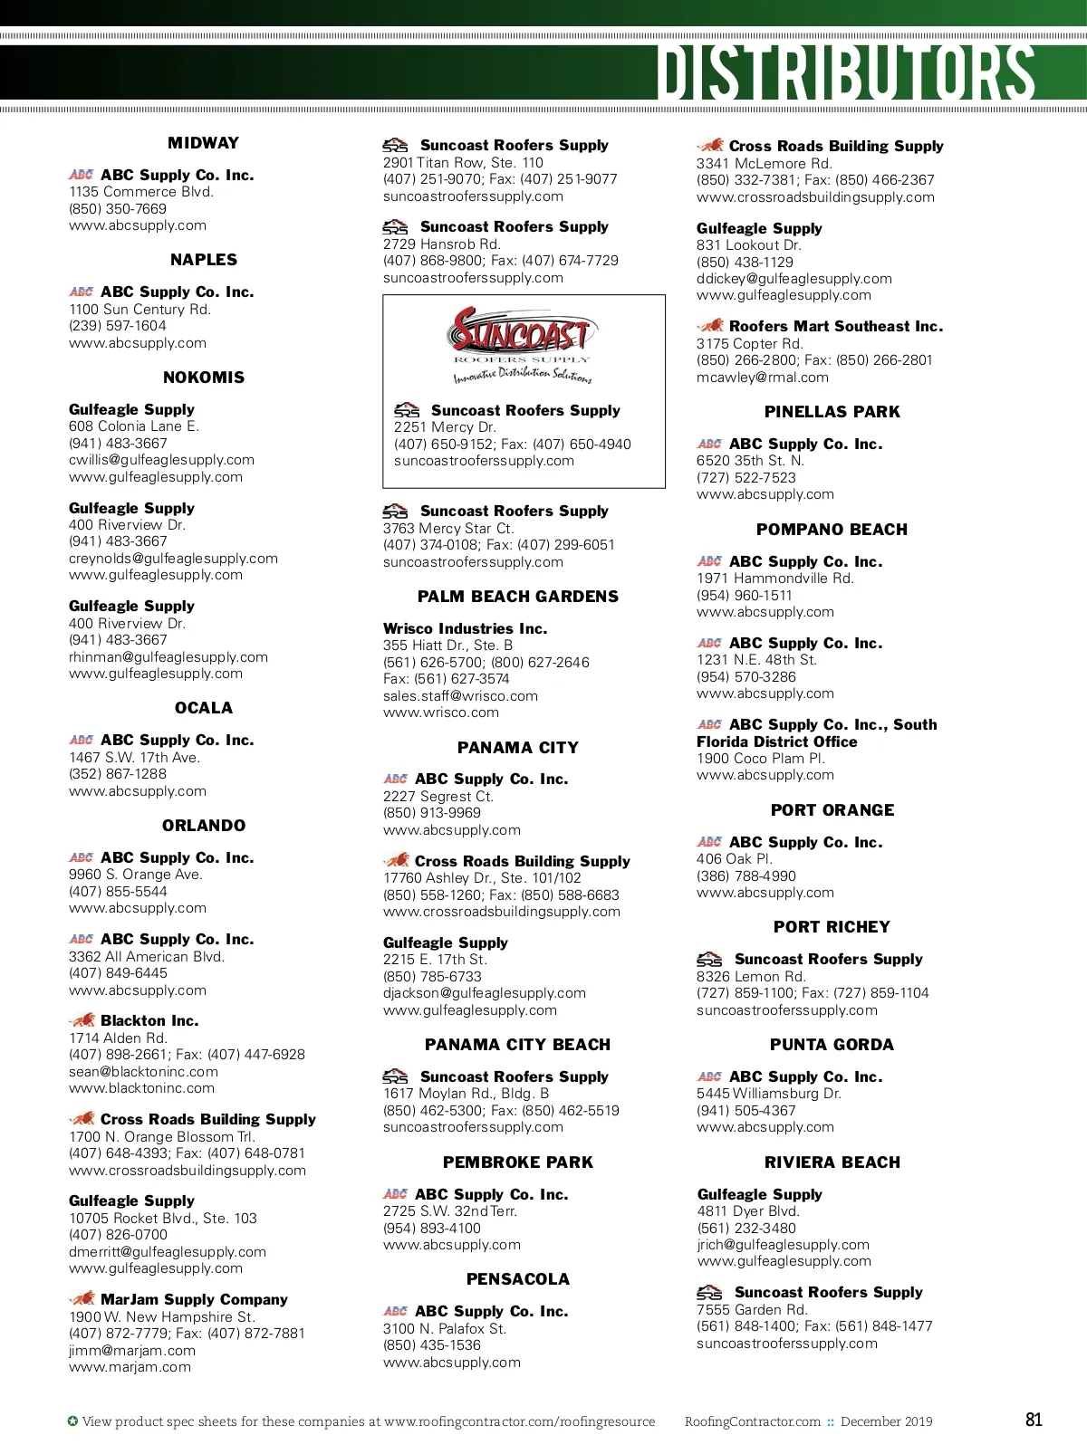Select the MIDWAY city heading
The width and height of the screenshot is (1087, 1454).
[x=204, y=143]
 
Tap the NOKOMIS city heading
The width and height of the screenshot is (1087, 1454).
[x=204, y=378]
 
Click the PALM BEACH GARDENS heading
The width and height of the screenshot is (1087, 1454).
[x=518, y=597]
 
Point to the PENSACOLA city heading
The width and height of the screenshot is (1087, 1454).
[x=518, y=1279]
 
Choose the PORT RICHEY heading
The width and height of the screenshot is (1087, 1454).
[x=832, y=927]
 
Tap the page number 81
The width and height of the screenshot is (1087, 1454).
[x=1034, y=1420]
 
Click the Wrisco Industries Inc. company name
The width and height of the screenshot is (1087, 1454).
[x=466, y=628]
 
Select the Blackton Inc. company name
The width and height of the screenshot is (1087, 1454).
[x=149, y=1020]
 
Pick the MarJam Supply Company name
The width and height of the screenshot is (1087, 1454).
[x=194, y=1299]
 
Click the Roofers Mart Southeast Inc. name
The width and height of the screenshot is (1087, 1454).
[x=835, y=326]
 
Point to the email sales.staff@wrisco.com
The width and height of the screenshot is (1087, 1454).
[x=460, y=696]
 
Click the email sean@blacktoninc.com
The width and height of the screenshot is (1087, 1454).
[x=143, y=1071]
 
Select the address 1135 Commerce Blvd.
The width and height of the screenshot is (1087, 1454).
[x=141, y=192]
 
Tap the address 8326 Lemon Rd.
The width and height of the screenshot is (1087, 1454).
[x=751, y=976]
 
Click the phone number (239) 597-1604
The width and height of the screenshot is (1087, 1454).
[x=118, y=326]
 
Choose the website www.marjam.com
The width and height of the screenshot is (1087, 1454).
[x=130, y=1367]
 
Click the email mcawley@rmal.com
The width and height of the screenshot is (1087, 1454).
[x=763, y=378]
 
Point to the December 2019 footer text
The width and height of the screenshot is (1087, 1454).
[x=886, y=1421]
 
